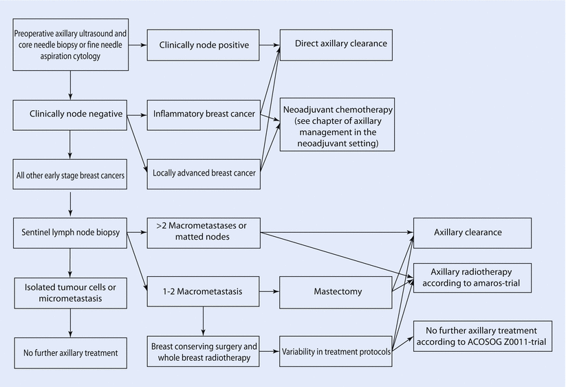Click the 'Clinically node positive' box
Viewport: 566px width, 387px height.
(x=204, y=46)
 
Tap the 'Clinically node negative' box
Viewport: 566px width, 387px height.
(x=71, y=114)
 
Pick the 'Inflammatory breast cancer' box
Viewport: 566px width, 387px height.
(x=204, y=114)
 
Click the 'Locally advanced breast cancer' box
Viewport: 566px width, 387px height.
(x=204, y=174)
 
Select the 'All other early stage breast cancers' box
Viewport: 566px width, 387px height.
(x=71, y=175)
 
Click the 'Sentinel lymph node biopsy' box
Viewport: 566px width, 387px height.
(x=71, y=232)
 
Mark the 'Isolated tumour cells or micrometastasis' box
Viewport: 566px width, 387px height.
(x=71, y=292)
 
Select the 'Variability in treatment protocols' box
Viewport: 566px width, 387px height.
(x=336, y=351)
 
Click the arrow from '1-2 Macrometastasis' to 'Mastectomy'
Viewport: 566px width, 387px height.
(x=270, y=291)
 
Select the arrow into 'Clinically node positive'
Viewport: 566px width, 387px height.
(x=138, y=46)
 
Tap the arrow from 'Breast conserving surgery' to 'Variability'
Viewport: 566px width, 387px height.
(x=270, y=351)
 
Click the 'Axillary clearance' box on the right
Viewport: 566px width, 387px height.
(x=472, y=233)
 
